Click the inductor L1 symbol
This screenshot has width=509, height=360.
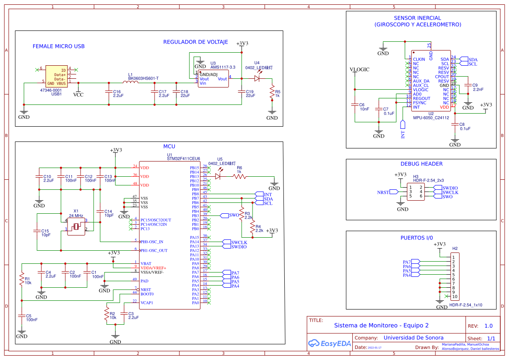point(130,82)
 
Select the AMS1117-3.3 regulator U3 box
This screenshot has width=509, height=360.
point(213,79)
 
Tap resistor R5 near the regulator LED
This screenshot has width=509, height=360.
point(272,92)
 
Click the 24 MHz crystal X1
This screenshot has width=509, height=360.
point(76,226)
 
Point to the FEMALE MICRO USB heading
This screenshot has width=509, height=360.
point(58,46)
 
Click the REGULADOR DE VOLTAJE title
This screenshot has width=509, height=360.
point(196,42)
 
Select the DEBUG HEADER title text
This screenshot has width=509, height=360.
point(421,164)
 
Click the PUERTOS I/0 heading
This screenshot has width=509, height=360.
point(417,238)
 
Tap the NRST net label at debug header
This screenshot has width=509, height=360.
point(383,192)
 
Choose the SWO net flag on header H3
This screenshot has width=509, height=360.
point(448,197)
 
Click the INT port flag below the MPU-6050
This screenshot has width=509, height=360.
point(403,128)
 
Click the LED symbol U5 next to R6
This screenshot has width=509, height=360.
point(218,176)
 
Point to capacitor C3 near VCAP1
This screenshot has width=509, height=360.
point(125,316)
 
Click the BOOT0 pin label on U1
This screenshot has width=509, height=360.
point(147,294)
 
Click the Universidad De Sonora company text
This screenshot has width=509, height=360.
point(413,338)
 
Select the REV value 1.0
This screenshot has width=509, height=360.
point(489,326)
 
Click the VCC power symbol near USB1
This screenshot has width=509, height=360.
point(78,94)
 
